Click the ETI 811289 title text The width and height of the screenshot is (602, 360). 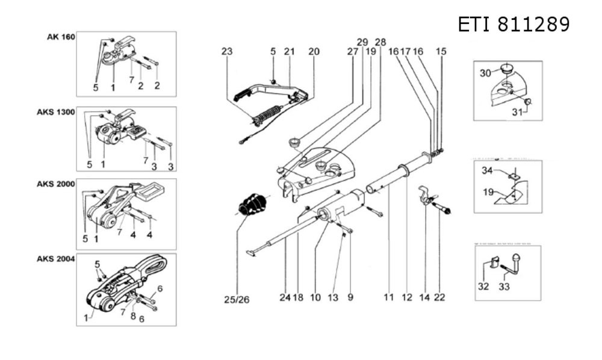click(x=514, y=24)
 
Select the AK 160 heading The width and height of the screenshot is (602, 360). click(x=61, y=37)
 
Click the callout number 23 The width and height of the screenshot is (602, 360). click(x=226, y=52)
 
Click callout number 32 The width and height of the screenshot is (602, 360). click(x=483, y=287)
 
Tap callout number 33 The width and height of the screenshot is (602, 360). click(x=504, y=287)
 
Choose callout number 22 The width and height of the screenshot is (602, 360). click(x=441, y=297)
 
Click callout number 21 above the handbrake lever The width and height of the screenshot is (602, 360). click(x=290, y=52)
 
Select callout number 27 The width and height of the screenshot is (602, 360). click(x=352, y=52)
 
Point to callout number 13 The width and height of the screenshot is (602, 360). click(x=333, y=297)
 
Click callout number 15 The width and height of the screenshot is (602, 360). click(x=441, y=52)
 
